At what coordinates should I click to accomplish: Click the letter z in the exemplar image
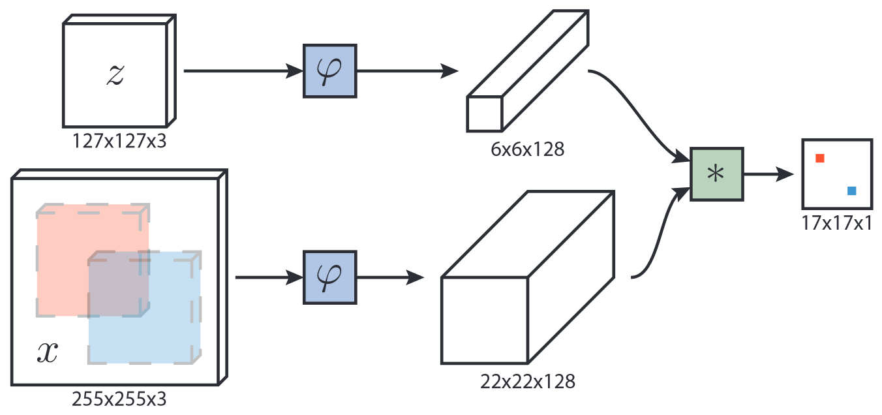(x=115, y=76)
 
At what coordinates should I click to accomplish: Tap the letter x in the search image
(x=47, y=353)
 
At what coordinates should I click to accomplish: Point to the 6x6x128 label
(x=527, y=150)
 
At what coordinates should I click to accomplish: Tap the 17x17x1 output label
(x=837, y=223)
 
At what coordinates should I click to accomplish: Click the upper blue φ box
(x=330, y=71)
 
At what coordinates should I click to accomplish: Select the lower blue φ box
(x=330, y=277)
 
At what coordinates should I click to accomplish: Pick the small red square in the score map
(x=820, y=158)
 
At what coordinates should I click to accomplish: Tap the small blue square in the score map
(x=851, y=191)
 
